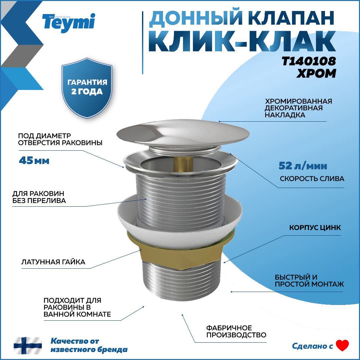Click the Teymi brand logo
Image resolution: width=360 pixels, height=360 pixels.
click(69, 22)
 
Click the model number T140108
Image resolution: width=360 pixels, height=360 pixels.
click(309, 61)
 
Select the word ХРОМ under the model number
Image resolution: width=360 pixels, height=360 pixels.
click(316, 73)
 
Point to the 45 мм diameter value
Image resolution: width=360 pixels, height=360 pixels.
click(34, 161)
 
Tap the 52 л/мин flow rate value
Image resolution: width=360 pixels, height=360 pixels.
click(303, 166)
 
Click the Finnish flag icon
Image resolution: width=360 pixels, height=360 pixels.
click(28, 345)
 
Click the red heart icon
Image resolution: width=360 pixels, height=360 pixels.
click(342, 345)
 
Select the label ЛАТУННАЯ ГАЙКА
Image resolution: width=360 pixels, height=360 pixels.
click(53, 262)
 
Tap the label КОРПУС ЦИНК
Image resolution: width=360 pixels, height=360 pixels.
click(315, 228)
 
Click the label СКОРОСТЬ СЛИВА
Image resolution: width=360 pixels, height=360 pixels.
click(312, 179)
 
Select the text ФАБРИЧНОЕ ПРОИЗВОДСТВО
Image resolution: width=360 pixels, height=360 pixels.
click(236, 331)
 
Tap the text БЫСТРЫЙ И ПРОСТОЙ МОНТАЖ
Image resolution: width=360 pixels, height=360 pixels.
click(309, 281)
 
